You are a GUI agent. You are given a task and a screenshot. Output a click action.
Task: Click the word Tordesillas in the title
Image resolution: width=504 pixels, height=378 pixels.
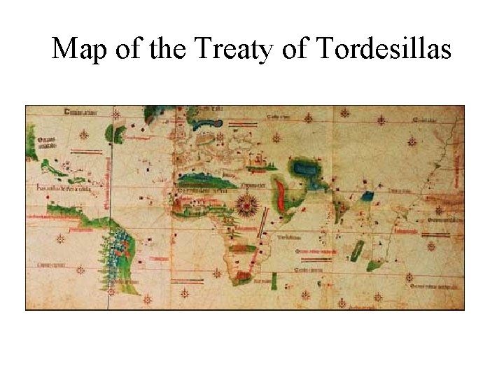pyautogui.click(x=384, y=49)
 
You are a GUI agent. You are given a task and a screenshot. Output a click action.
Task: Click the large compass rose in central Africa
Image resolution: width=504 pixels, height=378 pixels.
pyautogui.click(x=246, y=205)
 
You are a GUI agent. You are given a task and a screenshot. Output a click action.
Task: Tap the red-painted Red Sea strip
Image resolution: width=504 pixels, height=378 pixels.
pyautogui.click(x=281, y=197)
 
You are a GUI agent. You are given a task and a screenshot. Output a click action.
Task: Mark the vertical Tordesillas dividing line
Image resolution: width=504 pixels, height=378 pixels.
pyautogui.click(x=109, y=210)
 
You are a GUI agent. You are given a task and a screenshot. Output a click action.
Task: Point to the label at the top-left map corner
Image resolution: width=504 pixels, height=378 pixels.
pyautogui.click(x=81, y=112)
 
